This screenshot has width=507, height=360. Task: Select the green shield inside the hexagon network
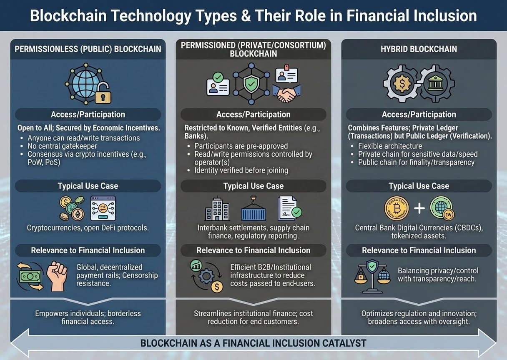click(x=251, y=84)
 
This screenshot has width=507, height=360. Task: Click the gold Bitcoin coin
click(x=396, y=209)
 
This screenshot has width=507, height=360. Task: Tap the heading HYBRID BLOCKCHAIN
click(x=419, y=49)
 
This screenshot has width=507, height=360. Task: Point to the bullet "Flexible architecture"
click(x=390, y=146)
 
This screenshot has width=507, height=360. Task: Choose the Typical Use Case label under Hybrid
click(x=419, y=186)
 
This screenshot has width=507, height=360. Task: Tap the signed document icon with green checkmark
click(x=289, y=209)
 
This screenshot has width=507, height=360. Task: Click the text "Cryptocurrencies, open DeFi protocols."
click(x=88, y=228)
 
